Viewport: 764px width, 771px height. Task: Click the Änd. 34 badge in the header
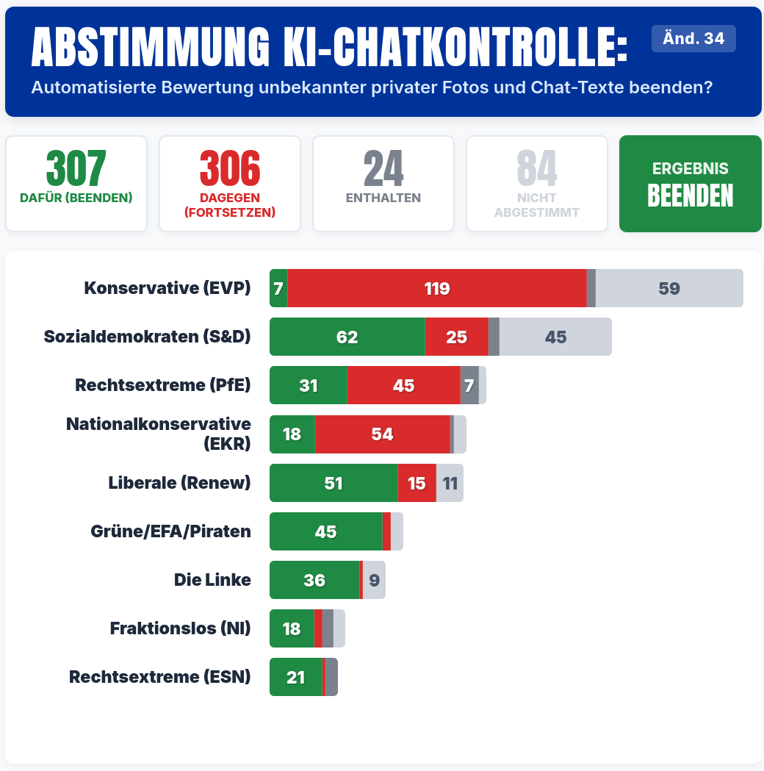pyautogui.click(x=693, y=39)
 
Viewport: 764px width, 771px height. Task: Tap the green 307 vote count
pyautogui.click(x=76, y=169)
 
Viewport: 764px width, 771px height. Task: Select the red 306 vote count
pyautogui.click(x=230, y=169)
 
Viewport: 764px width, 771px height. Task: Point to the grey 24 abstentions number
pyautogui.click(x=383, y=169)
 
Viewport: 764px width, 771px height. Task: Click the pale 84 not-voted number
pyautogui.click(x=537, y=169)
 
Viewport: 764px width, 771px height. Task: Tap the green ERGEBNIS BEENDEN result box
pyautogui.click(x=691, y=184)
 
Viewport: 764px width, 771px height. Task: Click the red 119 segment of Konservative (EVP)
pyautogui.click(x=437, y=288)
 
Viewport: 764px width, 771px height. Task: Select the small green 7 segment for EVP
pyautogui.click(x=278, y=288)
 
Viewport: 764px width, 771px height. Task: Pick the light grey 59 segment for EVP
pyautogui.click(x=669, y=288)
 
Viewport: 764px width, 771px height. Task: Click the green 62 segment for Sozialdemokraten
pyautogui.click(x=347, y=337)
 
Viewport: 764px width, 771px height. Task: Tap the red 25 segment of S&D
pyautogui.click(x=456, y=337)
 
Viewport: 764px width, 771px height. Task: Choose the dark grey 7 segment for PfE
pyautogui.click(x=469, y=385)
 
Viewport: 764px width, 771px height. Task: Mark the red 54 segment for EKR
pyautogui.click(x=382, y=434)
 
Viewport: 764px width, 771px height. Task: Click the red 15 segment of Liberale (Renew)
pyautogui.click(x=417, y=483)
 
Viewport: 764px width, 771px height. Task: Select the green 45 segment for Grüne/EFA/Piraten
pyautogui.click(x=325, y=531)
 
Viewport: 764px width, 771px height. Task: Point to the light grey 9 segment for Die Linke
pyautogui.click(x=374, y=580)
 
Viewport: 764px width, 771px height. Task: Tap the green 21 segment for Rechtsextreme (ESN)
pyautogui.click(x=295, y=677)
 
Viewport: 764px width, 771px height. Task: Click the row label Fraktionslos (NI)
pyautogui.click(x=180, y=628)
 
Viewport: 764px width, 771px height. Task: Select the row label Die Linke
pyautogui.click(x=212, y=580)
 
